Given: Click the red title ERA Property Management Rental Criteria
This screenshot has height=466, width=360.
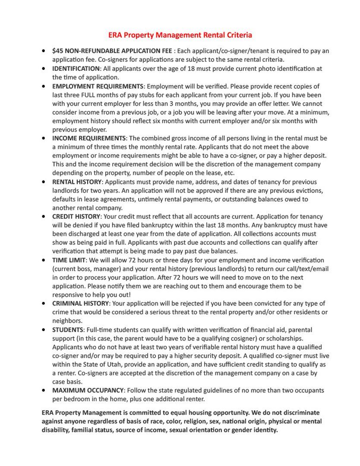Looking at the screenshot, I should click(x=180, y=35).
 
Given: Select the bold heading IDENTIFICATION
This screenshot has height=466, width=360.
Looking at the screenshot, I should click(x=76, y=69).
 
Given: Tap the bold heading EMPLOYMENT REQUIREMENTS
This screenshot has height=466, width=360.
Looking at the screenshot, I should click(x=98, y=86).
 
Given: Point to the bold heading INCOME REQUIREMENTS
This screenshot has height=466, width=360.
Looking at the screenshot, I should click(x=89, y=139).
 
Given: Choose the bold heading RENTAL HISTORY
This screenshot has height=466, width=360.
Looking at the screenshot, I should click(x=77, y=182).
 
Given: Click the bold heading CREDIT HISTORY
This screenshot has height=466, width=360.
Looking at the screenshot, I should click(x=76, y=217).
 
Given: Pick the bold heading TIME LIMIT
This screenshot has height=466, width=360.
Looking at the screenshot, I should click(x=69, y=260).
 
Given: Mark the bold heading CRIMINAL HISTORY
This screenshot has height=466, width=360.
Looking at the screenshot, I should click(x=80, y=304).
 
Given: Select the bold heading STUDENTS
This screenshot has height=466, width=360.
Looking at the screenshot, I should click(x=68, y=330).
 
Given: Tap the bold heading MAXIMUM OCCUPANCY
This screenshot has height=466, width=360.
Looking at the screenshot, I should click(x=88, y=390).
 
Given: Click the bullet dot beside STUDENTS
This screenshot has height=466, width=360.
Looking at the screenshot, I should click(x=44, y=330).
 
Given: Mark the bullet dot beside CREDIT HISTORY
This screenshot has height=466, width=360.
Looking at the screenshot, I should click(x=44, y=217).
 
